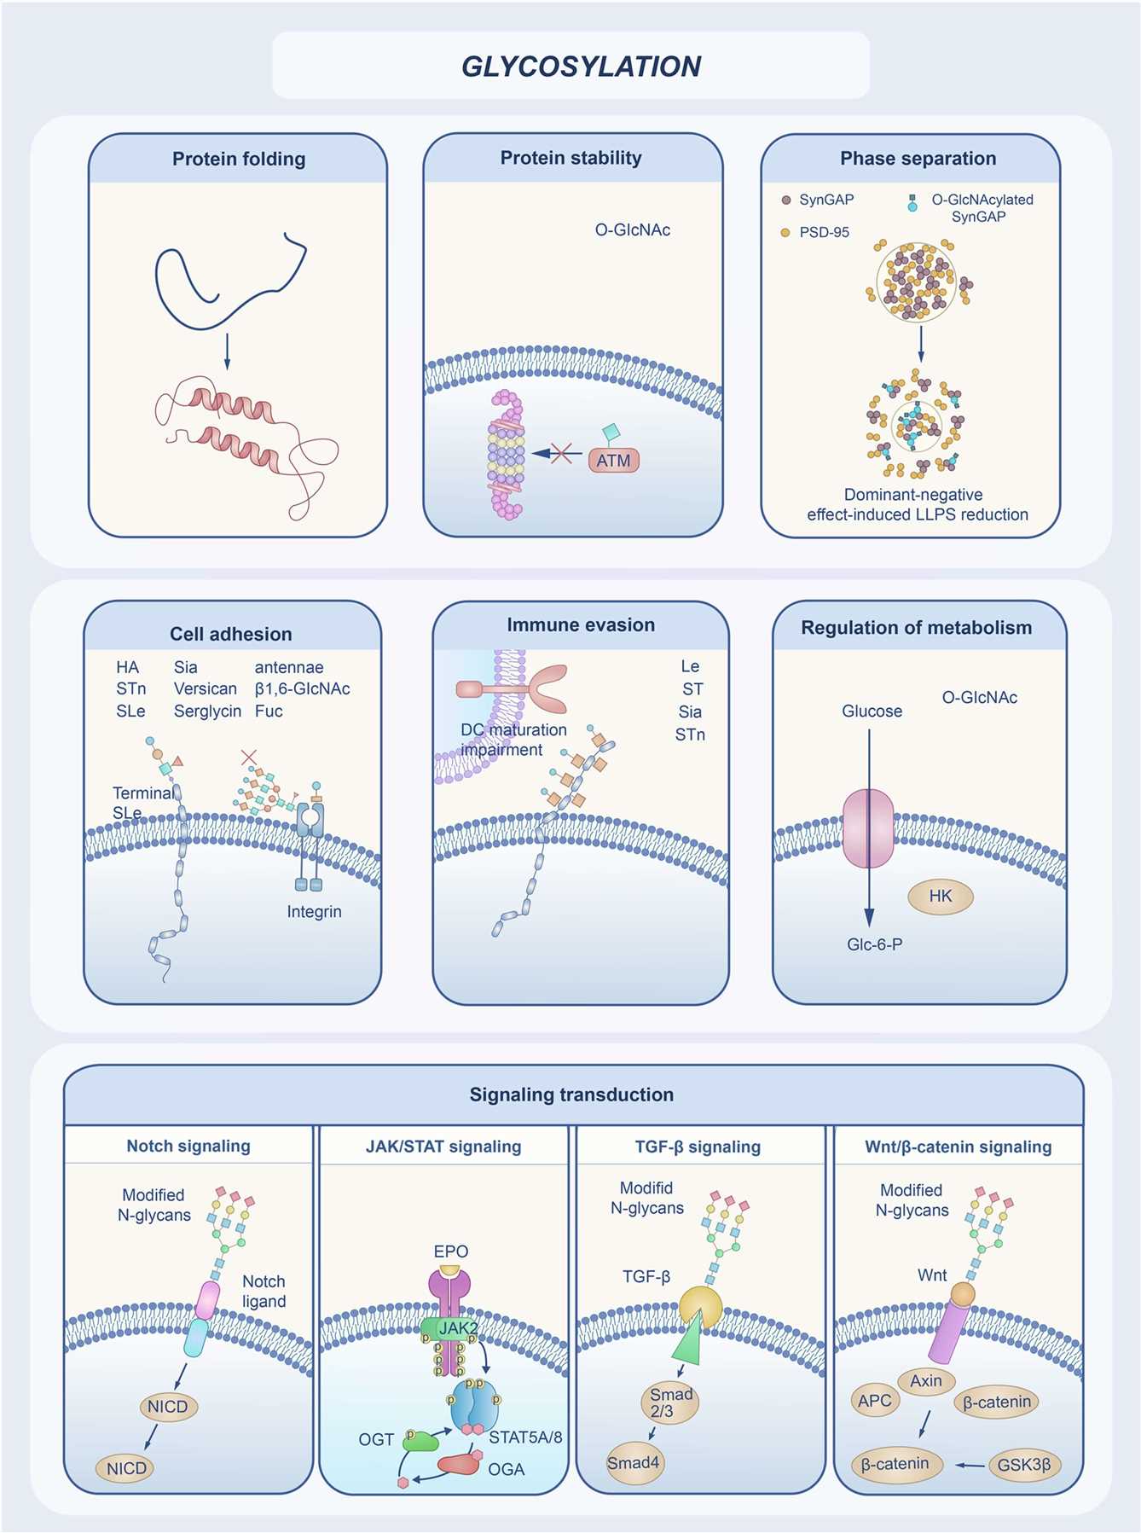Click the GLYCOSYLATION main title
[x=581, y=67]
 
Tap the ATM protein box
[x=613, y=461]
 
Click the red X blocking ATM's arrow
[x=561, y=453]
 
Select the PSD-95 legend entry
[x=823, y=232]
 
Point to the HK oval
[x=940, y=896]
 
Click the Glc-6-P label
[x=874, y=944]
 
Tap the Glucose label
[x=872, y=711]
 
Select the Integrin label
[x=314, y=911]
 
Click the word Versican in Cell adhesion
[x=206, y=688]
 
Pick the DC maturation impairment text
[x=513, y=740]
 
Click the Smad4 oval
[x=633, y=1462]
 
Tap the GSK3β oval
[x=1023, y=1465]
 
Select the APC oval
[x=875, y=1400]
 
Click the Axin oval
[x=926, y=1380]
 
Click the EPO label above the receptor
[x=450, y=1251]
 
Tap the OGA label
[x=506, y=1469]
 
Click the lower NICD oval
[x=126, y=1468]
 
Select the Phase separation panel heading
[x=918, y=159]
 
